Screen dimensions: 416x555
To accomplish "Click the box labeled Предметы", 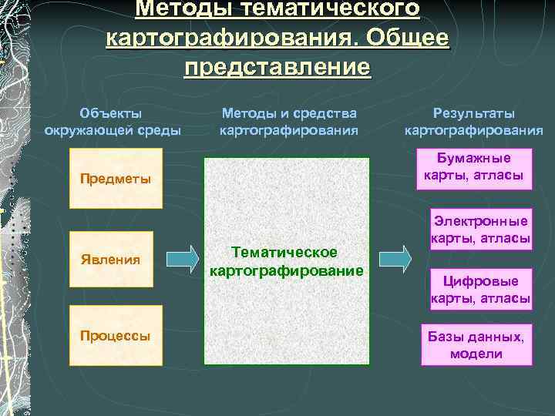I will point(116,181).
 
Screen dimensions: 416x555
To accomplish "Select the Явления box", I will point(116,259).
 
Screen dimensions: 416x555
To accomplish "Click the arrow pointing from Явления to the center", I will point(183,259).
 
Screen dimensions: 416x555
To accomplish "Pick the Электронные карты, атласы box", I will point(480,229).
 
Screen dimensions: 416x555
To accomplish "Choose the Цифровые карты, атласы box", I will point(480,290).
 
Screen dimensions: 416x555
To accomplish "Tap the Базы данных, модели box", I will point(476,344).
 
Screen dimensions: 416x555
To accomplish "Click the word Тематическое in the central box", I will point(284,253).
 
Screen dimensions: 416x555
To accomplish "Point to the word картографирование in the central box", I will point(286,270).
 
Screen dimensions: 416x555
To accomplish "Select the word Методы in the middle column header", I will point(247,113).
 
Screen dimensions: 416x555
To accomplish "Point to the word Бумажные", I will point(474,159).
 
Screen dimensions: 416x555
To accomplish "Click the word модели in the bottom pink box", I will point(476,354).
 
